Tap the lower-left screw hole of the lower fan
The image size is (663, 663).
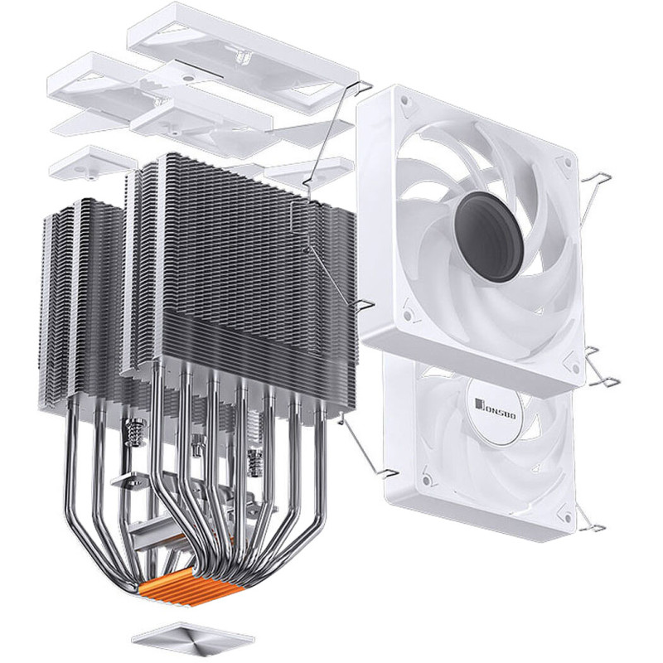(426, 480)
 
